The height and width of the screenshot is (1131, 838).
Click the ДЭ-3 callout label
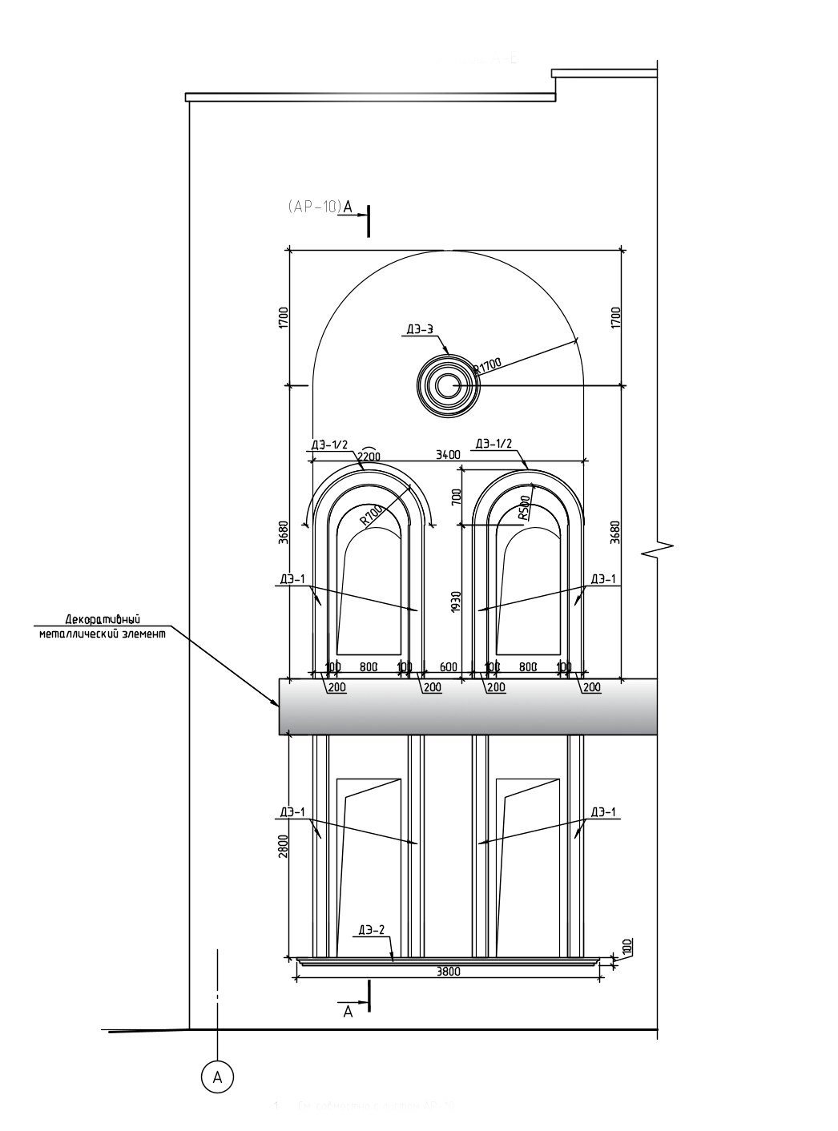(420, 329)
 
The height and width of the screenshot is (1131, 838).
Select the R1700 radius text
(486, 366)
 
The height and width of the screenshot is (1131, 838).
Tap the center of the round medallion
(447, 386)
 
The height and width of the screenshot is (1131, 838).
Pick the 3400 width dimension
(448, 455)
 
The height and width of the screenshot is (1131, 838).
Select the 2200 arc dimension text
(369, 456)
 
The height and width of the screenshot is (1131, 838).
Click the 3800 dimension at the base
(448, 972)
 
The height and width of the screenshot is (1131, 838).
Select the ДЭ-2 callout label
(372, 930)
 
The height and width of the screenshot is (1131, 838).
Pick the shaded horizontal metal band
(468, 706)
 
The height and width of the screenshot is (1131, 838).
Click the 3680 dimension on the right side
(614, 533)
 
